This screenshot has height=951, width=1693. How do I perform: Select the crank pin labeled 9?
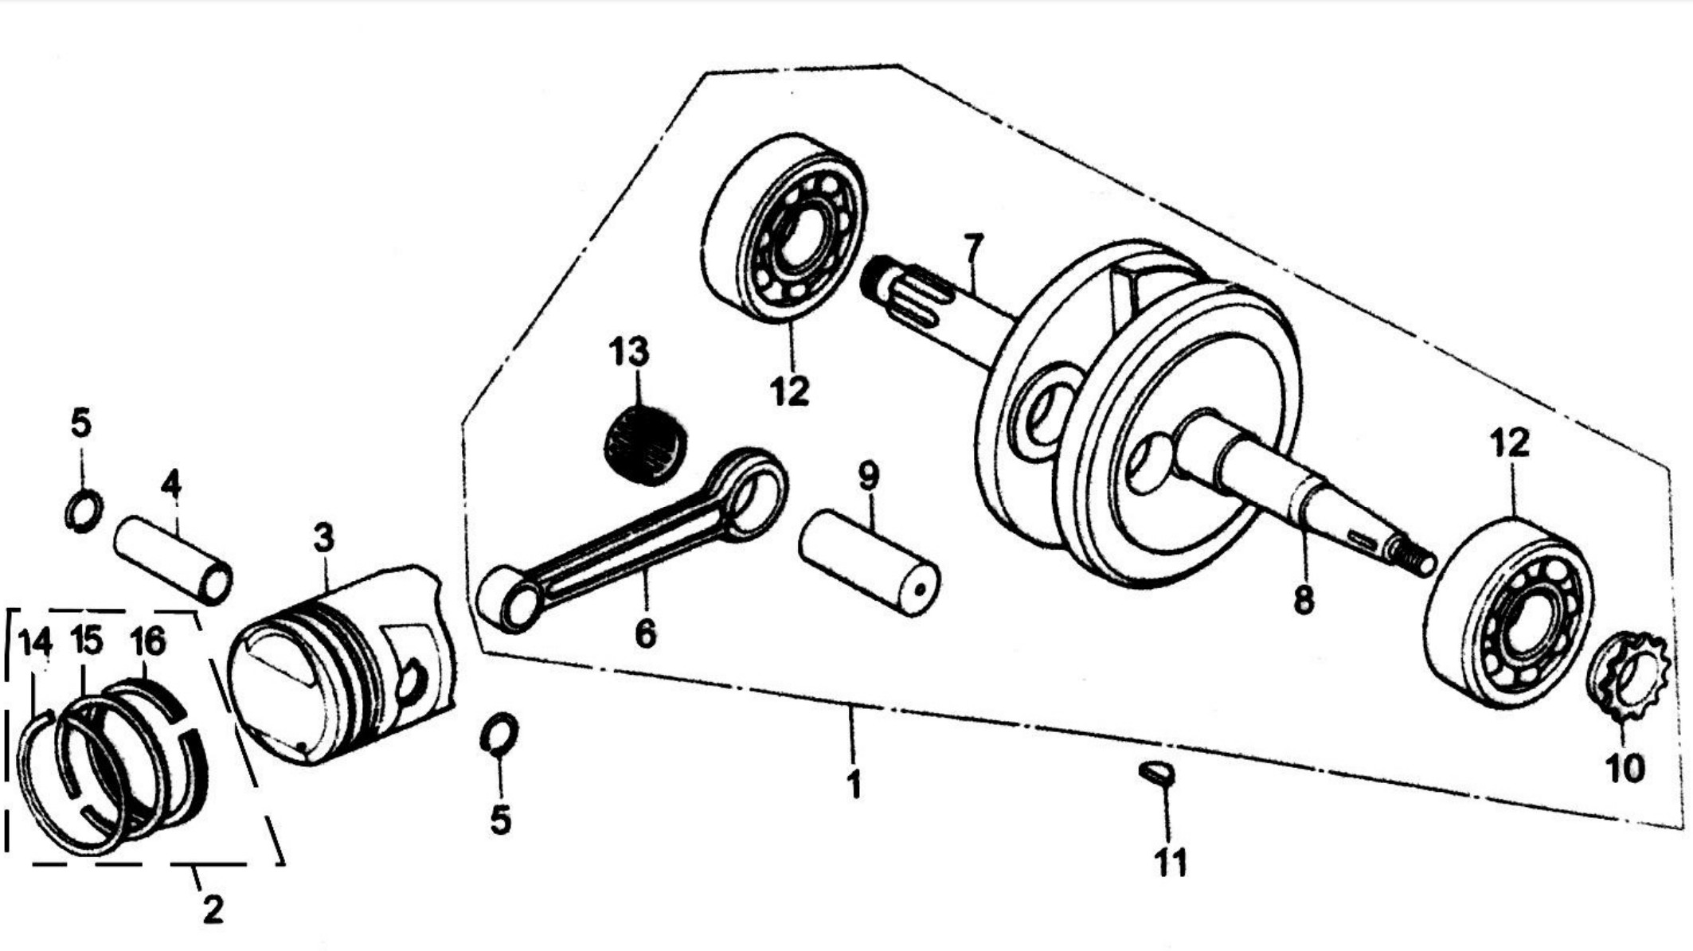[870, 563]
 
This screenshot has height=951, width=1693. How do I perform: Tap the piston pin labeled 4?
[174, 559]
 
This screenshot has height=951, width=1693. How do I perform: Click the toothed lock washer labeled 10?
[1626, 676]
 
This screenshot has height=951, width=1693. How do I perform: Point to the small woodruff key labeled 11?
[1156, 772]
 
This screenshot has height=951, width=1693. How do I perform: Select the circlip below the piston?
[499, 733]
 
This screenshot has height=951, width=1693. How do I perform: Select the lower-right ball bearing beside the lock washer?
[1508, 612]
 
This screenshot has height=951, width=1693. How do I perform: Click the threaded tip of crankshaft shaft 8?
[1411, 555]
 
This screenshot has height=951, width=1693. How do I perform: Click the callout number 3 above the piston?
[323, 539]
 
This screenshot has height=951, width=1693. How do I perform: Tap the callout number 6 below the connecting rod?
[645, 633]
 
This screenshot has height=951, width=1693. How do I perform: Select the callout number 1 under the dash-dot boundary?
[854, 785]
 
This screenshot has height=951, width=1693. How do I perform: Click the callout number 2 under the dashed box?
[212, 909]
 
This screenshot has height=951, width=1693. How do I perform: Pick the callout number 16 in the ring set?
[147, 641]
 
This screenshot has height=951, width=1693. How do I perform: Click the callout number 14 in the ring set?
[35, 641]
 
